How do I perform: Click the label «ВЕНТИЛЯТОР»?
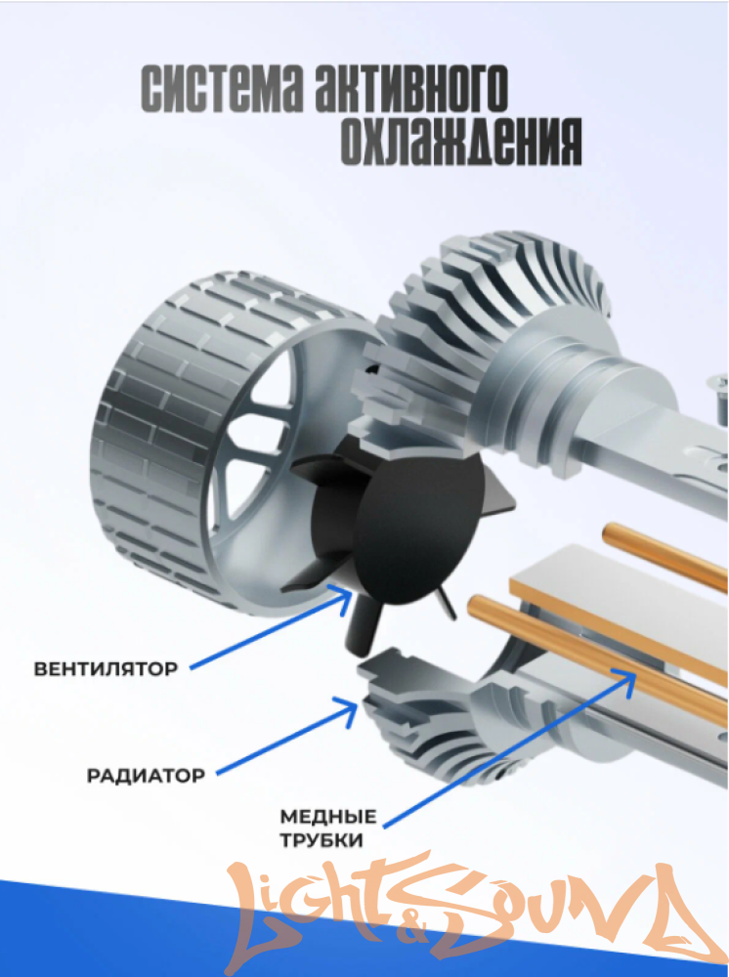pos(106,669)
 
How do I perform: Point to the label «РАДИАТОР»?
pos(146,777)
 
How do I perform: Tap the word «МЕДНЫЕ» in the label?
pos(328,816)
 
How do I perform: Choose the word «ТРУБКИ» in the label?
pos(322,840)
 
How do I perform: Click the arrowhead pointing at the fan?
pos(343,600)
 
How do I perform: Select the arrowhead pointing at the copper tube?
pos(625,680)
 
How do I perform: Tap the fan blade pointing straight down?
pos(361,629)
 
